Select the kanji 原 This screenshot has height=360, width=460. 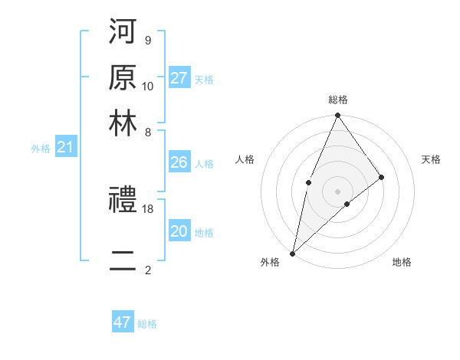[x=123, y=78]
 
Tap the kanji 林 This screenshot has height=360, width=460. [x=123, y=125]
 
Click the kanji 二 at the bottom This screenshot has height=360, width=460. [x=123, y=261]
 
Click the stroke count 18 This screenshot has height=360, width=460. [x=148, y=208]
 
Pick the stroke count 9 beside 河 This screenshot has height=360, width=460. [x=147, y=40]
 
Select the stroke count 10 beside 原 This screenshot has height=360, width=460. [x=148, y=86]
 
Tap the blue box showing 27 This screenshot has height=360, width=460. [x=179, y=78]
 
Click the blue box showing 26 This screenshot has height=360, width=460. [x=179, y=162]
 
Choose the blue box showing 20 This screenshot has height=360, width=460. [x=179, y=231]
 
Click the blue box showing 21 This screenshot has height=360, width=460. [x=65, y=147]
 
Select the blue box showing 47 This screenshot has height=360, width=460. [x=123, y=322]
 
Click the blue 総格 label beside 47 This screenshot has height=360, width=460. [x=147, y=324]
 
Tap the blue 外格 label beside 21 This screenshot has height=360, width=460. [x=40, y=149]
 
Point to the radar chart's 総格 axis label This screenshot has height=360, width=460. [x=337, y=100]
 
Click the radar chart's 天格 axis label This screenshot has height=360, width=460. [x=431, y=159]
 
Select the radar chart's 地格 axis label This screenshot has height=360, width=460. [x=402, y=262]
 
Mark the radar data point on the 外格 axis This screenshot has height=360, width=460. [x=292, y=253]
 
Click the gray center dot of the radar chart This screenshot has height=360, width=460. [x=337, y=191]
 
